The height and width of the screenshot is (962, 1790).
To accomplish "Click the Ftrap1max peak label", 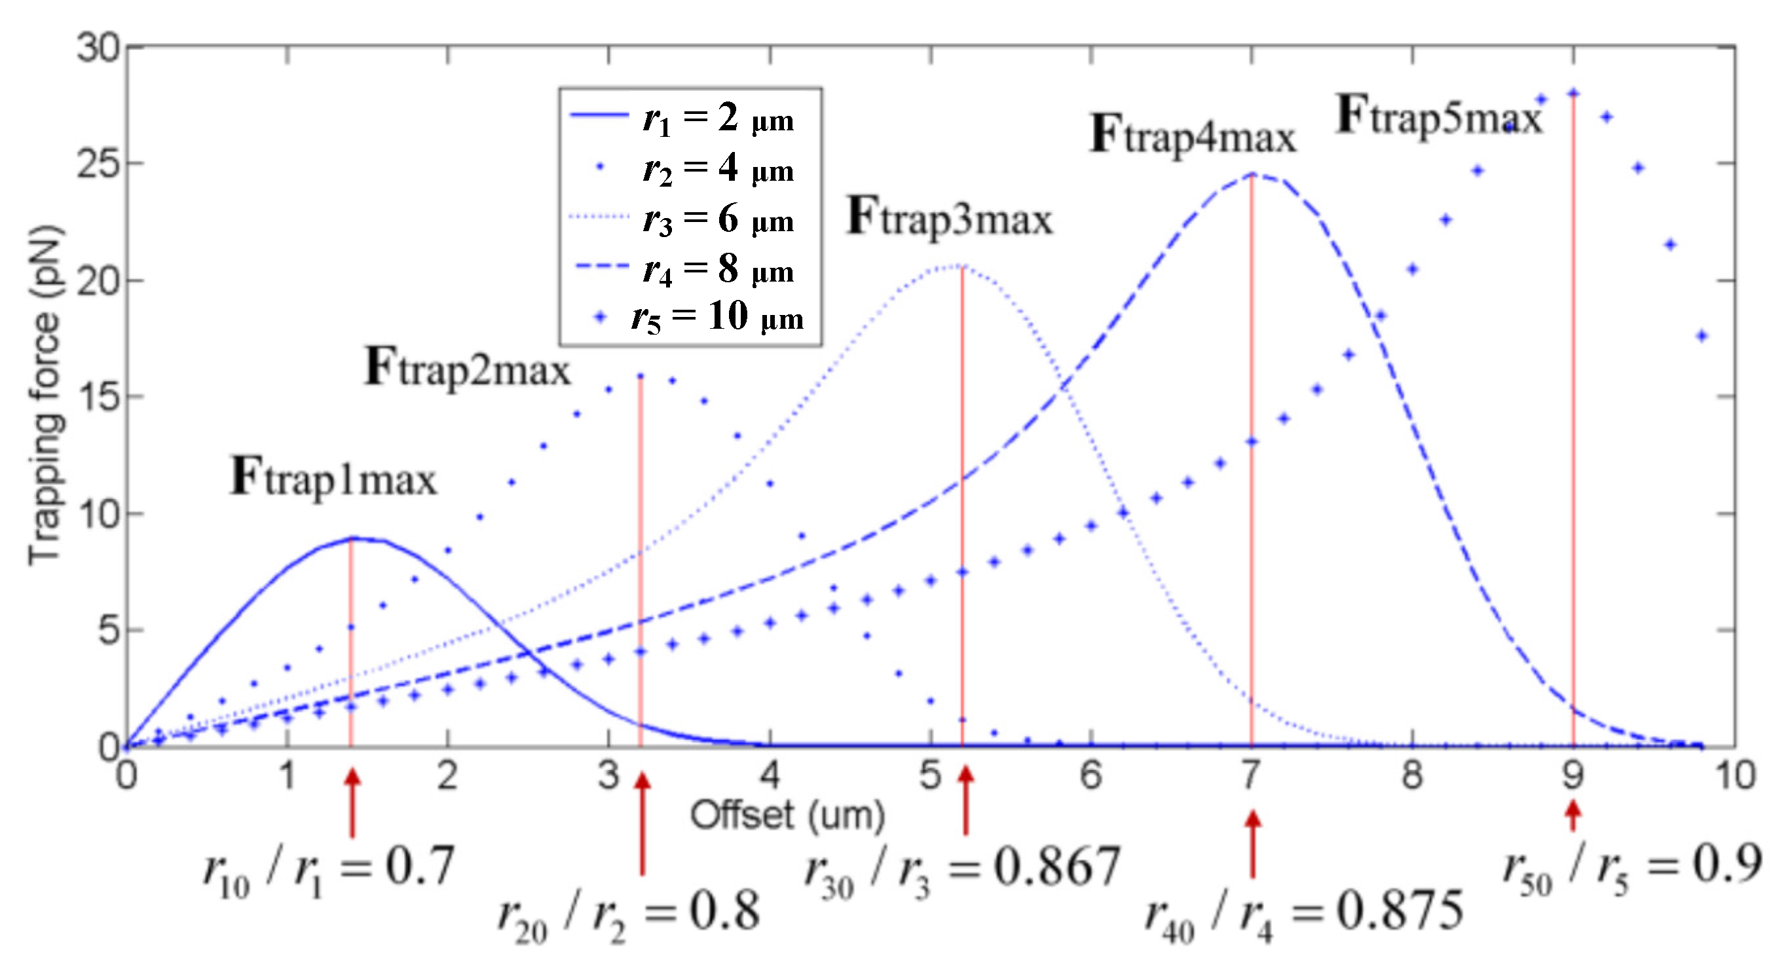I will [x=333, y=478].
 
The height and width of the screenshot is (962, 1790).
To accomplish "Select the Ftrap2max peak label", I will [x=467, y=368].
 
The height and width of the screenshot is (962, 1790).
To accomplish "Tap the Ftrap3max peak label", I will [x=949, y=218].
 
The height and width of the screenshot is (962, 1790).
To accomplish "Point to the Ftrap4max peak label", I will [x=1193, y=135].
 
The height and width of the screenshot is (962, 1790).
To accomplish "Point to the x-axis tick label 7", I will [x=1251, y=775].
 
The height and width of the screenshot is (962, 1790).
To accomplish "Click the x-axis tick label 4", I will [x=769, y=775].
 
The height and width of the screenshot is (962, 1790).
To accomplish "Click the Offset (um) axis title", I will [x=787, y=815].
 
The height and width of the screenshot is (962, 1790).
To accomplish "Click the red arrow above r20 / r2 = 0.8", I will [x=643, y=823].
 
